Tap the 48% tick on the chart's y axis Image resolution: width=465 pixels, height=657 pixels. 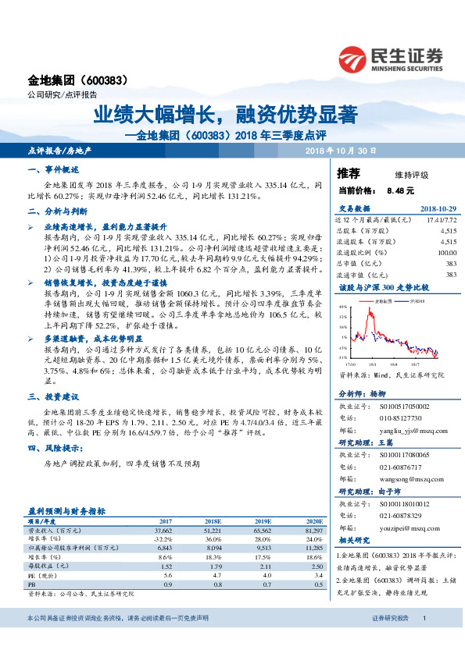coord(343,307)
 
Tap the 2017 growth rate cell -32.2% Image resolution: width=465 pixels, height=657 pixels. coord(162,538)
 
